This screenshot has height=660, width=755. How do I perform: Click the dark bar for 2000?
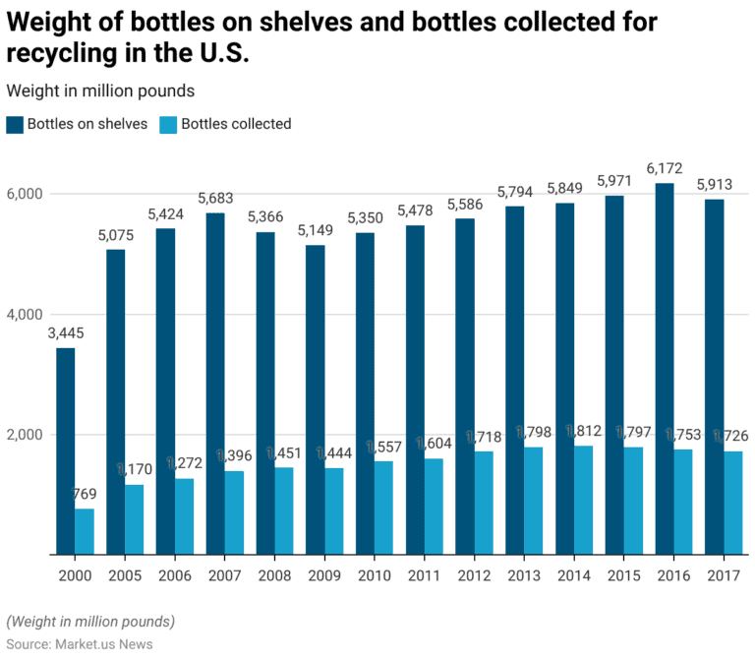pos(65,451)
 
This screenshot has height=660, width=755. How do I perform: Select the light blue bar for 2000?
pos(85,531)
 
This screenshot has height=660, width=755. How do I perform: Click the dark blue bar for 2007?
pos(214,384)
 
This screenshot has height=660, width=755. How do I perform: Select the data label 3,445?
pos(65,333)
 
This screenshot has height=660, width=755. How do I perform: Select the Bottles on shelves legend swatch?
pos(14,124)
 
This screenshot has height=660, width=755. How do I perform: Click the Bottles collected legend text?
pos(236,124)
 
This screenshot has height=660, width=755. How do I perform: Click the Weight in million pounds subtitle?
pos(100,90)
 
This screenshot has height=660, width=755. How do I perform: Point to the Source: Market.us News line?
pos(79,642)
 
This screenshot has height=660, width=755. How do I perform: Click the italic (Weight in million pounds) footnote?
pos(90,622)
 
